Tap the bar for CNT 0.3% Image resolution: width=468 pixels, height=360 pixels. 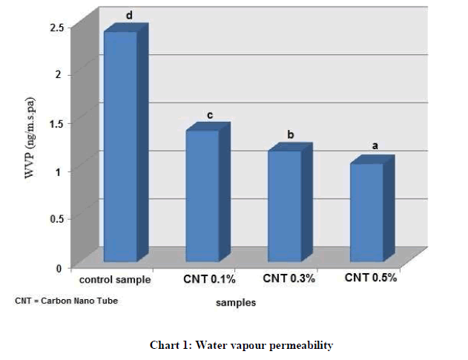pos(284,206)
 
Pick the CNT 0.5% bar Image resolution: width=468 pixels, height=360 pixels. pos(366,212)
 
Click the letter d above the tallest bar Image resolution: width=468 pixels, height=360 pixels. pos(129,15)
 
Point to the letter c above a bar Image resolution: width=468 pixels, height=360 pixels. pos(210,115)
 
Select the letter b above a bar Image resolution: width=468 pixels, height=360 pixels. pos(291,134)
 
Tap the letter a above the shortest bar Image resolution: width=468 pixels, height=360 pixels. pos(375,146)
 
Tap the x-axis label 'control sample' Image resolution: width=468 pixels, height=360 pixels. pos(116,281)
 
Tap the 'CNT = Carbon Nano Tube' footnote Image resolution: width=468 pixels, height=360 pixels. pos(66,301)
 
